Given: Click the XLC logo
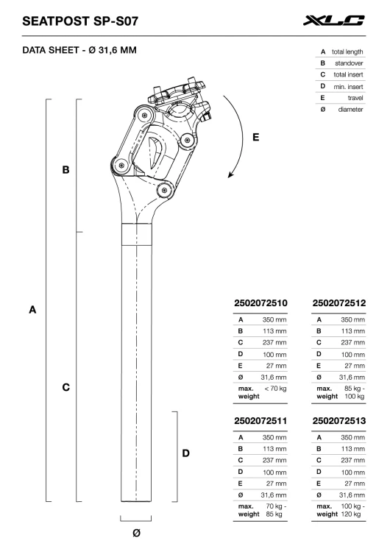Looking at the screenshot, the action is (333, 21).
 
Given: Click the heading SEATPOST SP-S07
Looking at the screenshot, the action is (80, 21).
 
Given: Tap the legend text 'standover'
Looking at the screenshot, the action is (349, 63).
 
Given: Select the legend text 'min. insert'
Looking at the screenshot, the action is (349, 87).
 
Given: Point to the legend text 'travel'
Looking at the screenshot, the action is (355, 98).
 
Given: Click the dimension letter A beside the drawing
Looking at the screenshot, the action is (32, 310).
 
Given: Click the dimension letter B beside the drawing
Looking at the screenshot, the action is (65, 170).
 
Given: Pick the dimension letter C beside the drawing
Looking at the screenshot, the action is (65, 387).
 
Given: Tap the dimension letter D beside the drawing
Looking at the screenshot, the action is (186, 453).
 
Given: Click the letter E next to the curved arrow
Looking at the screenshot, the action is (256, 137).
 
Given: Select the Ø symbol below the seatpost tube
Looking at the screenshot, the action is (137, 533).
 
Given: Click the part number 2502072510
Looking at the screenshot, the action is (260, 303).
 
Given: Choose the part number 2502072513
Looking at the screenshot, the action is (339, 421).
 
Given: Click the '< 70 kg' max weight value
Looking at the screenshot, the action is (275, 389).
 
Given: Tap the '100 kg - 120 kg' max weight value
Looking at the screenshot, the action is (352, 510).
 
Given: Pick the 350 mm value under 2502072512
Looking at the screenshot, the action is (352, 319).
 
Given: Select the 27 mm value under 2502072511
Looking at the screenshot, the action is (276, 484).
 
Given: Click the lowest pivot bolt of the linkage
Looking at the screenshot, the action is (164, 191).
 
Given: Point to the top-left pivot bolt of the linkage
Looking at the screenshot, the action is (144, 115).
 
